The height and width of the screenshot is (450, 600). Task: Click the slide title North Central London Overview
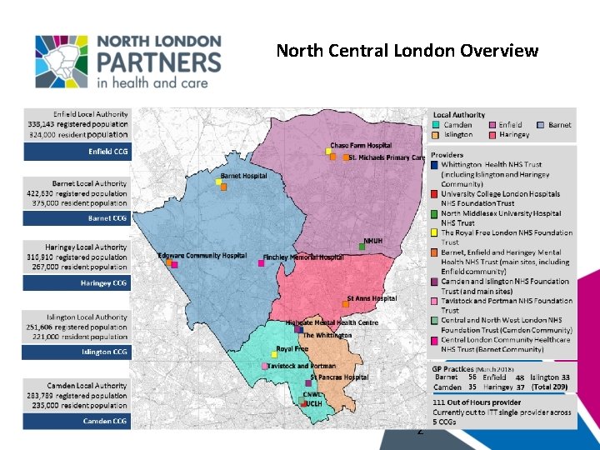(x=407, y=52)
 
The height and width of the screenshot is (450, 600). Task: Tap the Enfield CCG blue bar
(x=77, y=152)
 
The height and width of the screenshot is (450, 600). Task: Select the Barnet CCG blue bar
(x=77, y=218)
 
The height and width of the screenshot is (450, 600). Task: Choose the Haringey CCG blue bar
(x=77, y=283)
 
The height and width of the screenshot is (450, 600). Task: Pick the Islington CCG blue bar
(x=77, y=352)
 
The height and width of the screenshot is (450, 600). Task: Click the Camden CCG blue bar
(x=77, y=421)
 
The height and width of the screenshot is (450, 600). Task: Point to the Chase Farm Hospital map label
(x=361, y=146)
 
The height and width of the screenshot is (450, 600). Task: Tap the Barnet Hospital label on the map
(x=243, y=176)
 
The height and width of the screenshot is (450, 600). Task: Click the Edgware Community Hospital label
(x=202, y=255)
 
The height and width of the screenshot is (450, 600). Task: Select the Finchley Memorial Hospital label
(x=303, y=257)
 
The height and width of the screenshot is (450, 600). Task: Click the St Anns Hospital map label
(x=372, y=298)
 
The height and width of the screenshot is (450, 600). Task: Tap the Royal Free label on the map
(x=292, y=349)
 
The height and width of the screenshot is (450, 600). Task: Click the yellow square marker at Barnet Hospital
(x=218, y=181)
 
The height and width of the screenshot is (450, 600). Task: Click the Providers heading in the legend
(x=447, y=156)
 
